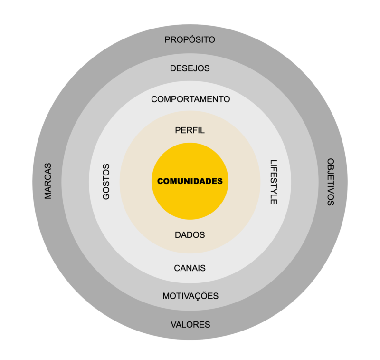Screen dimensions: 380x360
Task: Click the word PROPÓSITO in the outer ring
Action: click(190, 39)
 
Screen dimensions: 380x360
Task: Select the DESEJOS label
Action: click(190, 68)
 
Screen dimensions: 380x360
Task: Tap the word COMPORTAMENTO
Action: click(190, 99)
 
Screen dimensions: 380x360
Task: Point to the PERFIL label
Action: click(190, 130)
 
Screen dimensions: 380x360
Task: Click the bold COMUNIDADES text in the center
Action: click(190, 181)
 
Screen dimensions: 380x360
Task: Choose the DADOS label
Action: click(190, 235)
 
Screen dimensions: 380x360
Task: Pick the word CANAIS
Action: click(190, 268)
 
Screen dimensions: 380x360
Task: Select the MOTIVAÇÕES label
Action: click(190, 295)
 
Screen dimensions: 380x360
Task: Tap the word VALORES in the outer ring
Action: click(190, 325)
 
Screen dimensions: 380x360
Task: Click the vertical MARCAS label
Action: click(48, 181)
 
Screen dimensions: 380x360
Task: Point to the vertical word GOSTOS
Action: click(106, 182)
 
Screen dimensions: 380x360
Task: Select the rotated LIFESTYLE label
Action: click(274, 182)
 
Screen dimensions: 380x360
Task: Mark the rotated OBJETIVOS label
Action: click(331, 182)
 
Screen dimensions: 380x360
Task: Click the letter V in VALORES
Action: click(173, 325)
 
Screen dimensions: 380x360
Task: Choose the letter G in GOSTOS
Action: click(106, 196)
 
